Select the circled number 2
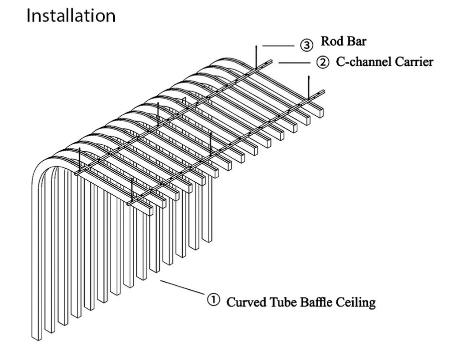322,63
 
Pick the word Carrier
412,63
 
